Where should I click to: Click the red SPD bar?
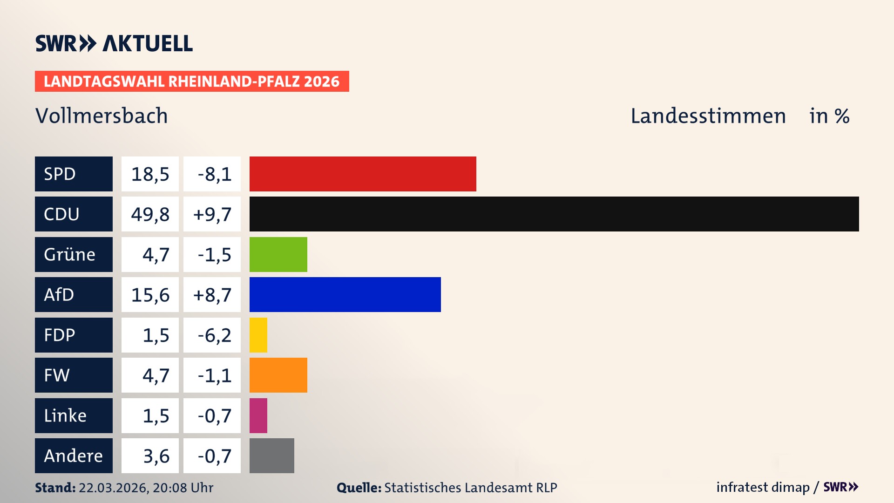[363, 174]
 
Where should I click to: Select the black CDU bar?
[554, 214]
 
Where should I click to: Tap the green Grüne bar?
[278, 254]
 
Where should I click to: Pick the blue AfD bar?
[345, 294]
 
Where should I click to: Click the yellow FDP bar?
[258, 335]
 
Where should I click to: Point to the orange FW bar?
[278, 375]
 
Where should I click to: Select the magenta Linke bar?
[258, 415]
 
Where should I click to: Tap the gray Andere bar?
[271, 455]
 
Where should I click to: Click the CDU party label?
[74, 214]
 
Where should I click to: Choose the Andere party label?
[74, 455]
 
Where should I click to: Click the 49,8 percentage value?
[150, 214]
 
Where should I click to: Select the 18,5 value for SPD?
[150, 174]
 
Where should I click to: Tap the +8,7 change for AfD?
[212, 294]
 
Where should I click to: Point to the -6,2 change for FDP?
[212, 335]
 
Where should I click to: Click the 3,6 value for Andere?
[150, 455]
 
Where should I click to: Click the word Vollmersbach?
[102, 116]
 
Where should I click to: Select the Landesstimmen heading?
[708, 116]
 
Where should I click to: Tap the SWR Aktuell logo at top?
[114, 43]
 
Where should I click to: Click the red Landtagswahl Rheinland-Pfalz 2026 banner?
[192, 81]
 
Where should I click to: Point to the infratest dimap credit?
[763, 487]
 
